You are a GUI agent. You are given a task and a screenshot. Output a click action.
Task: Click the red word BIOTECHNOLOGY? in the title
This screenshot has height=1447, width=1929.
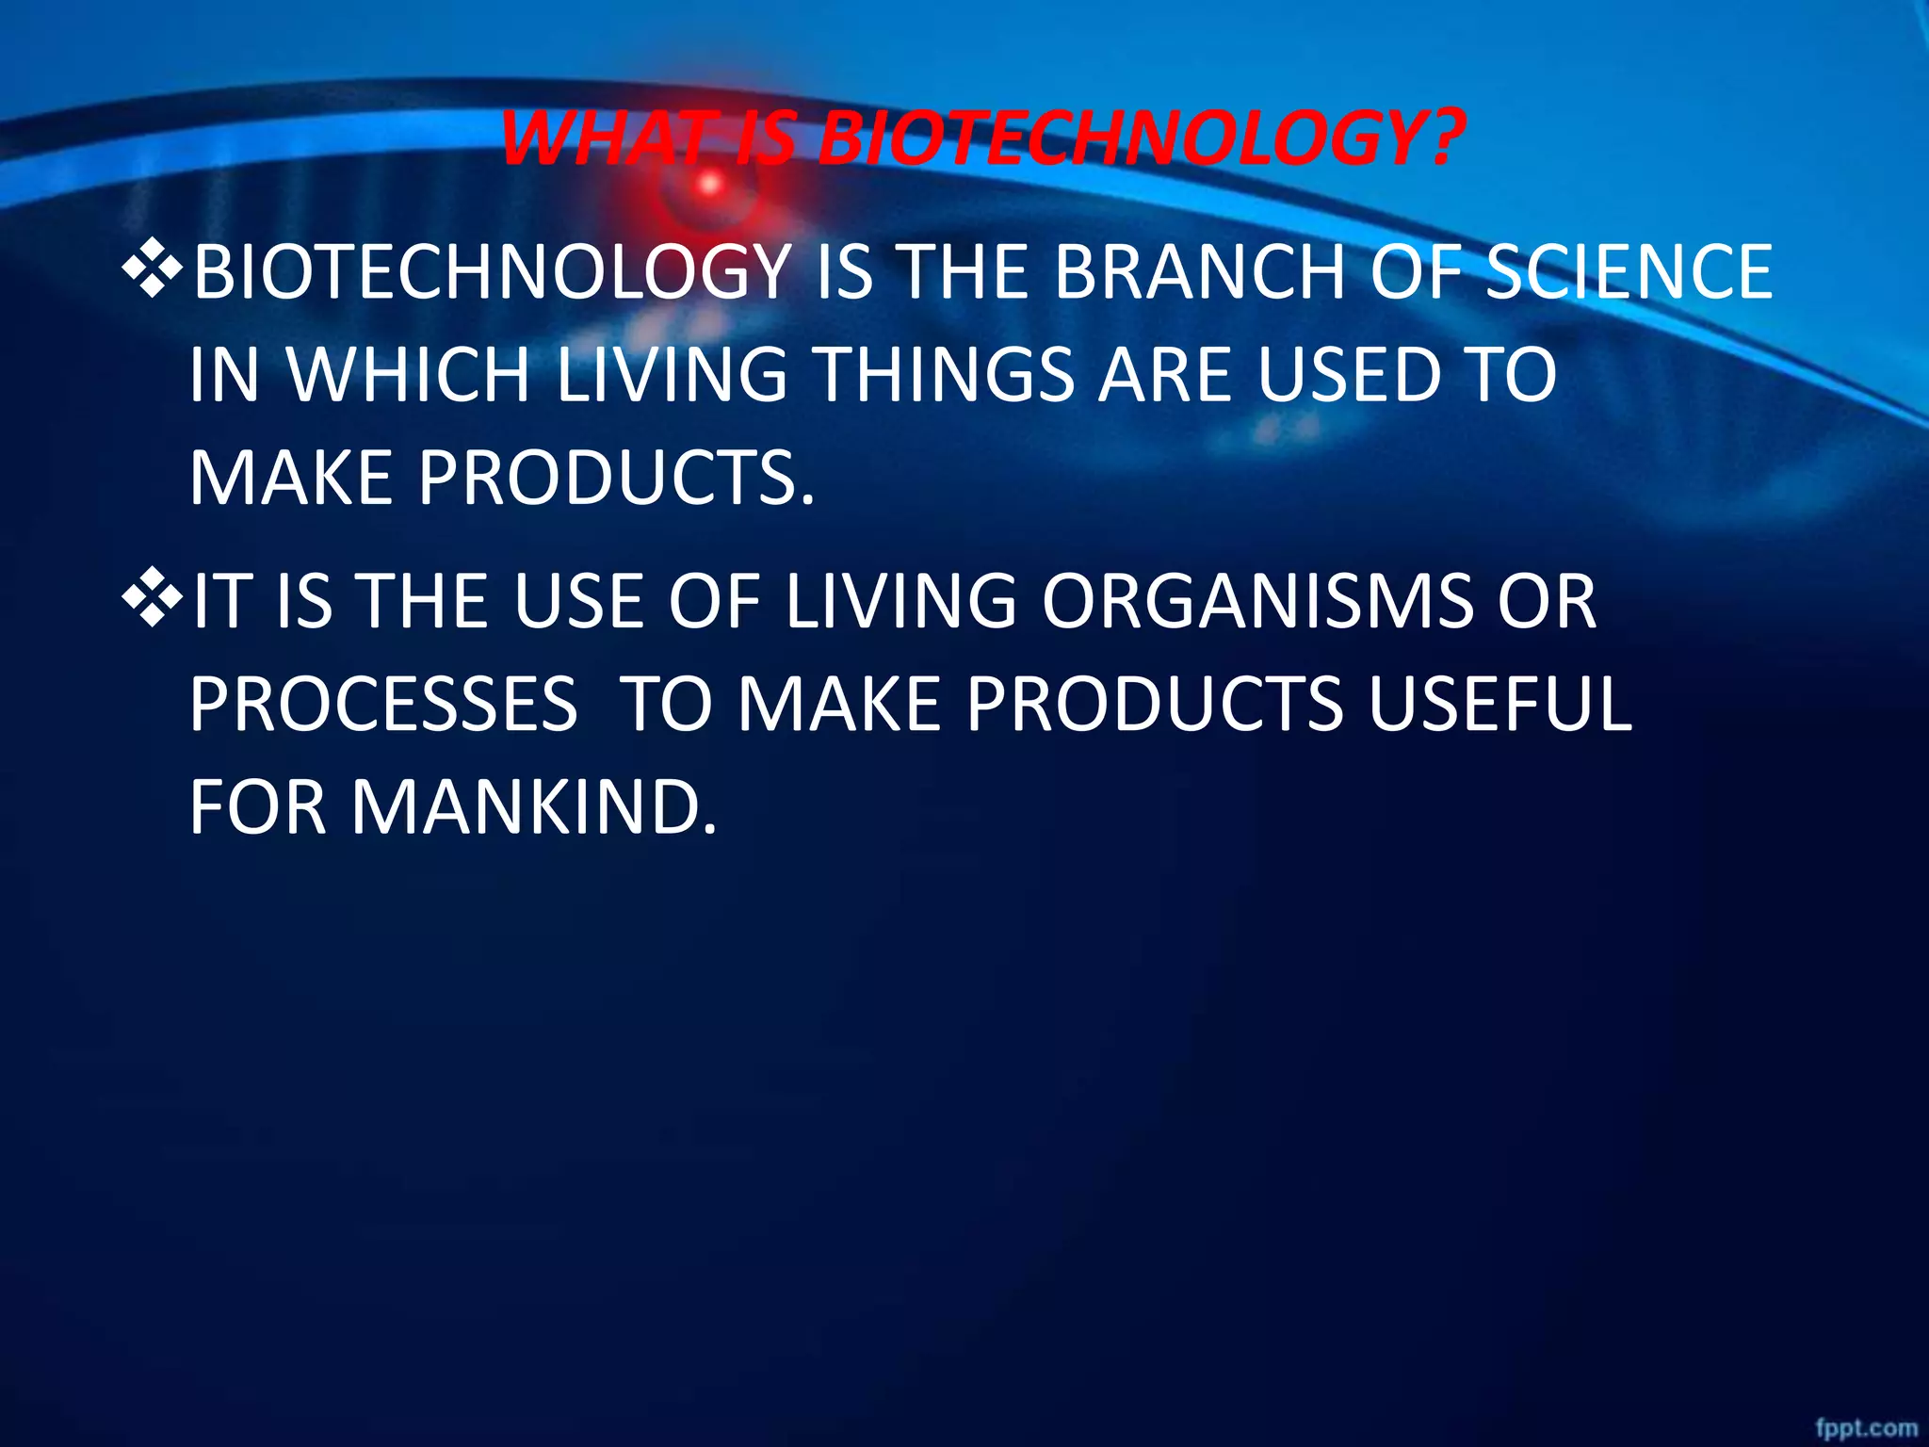point(1141,139)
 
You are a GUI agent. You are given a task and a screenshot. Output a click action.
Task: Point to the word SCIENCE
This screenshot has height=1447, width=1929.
point(1629,273)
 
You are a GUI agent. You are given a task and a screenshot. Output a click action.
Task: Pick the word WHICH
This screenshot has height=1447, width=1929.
point(409,375)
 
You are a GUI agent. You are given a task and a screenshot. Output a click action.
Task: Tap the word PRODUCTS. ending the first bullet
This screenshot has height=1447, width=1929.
point(617,477)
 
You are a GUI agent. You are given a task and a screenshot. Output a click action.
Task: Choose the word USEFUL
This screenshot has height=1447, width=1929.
point(1499,705)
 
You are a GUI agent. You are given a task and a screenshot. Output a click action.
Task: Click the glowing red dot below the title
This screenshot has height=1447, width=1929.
point(710,184)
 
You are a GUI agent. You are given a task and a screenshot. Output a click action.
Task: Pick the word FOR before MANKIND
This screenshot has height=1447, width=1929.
point(258,807)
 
